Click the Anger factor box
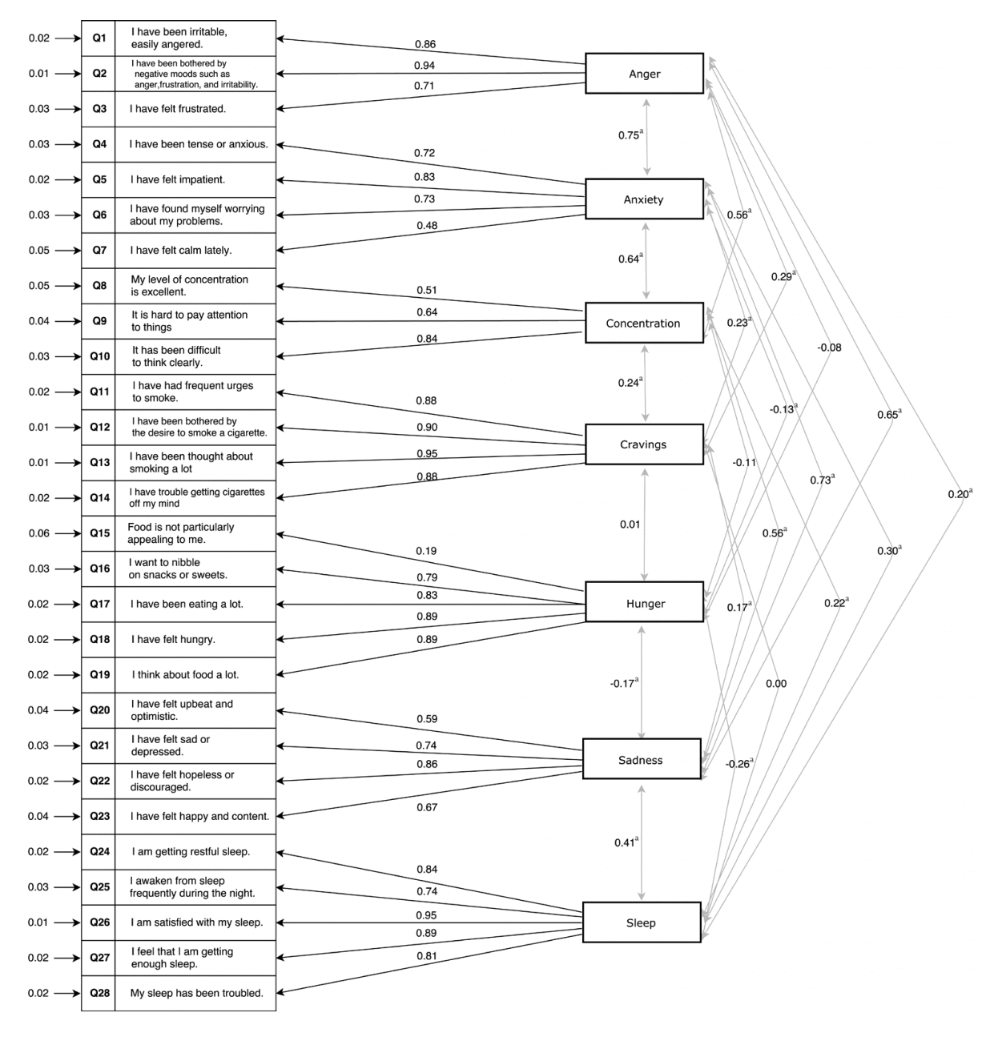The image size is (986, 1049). [x=644, y=74]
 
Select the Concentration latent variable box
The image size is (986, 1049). [x=643, y=324]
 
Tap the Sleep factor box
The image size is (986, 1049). [x=641, y=922]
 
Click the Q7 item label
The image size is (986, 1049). [x=99, y=251]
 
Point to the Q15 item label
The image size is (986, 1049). [x=99, y=533]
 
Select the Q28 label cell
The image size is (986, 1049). [x=99, y=993]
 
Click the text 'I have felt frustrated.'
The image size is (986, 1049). [x=178, y=109]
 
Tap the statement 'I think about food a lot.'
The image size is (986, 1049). [x=185, y=675]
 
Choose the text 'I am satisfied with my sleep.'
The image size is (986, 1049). [x=197, y=922]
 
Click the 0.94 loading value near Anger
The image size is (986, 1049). [x=425, y=66]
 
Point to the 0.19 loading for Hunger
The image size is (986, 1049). [x=425, y=551]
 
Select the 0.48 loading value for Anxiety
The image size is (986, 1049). [x=427, y=226]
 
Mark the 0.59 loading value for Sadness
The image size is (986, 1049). [x=427, y=719]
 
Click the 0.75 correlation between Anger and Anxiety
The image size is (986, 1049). [x=629, y=135]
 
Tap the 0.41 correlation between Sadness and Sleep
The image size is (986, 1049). [x=625, y=842]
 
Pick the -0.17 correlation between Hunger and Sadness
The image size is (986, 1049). [x=622, y=683]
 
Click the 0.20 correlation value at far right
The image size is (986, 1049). [x=958, y=495]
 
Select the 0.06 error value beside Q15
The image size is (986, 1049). [x=38, y=533]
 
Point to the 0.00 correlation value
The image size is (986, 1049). [x=776, y=684]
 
